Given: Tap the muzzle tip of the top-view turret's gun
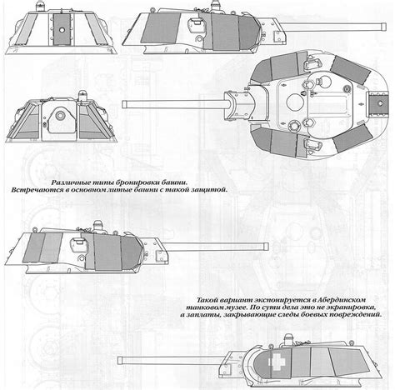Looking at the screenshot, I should point(124,103).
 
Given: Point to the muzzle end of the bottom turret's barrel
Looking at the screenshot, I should point(121,360).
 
